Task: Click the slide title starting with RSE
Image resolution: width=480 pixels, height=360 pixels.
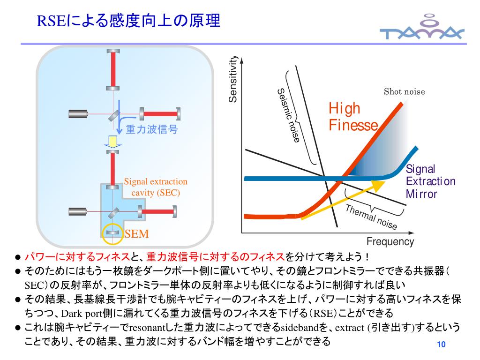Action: [128, 21]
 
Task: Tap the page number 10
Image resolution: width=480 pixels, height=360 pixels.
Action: [440, 345]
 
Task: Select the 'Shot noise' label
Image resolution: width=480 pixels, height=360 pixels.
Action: [404, 91]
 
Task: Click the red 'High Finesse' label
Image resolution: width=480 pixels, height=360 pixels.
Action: [352, 117]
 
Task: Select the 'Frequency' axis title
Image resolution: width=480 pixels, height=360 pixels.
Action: [390, 242]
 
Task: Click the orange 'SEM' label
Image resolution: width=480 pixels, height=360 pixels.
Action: [133, 233]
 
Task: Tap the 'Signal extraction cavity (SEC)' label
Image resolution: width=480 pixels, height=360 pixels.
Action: [156, 187]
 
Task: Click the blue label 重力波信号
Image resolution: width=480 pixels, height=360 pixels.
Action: [152, 129]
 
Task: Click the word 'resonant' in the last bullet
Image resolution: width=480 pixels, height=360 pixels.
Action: [148, 327]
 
